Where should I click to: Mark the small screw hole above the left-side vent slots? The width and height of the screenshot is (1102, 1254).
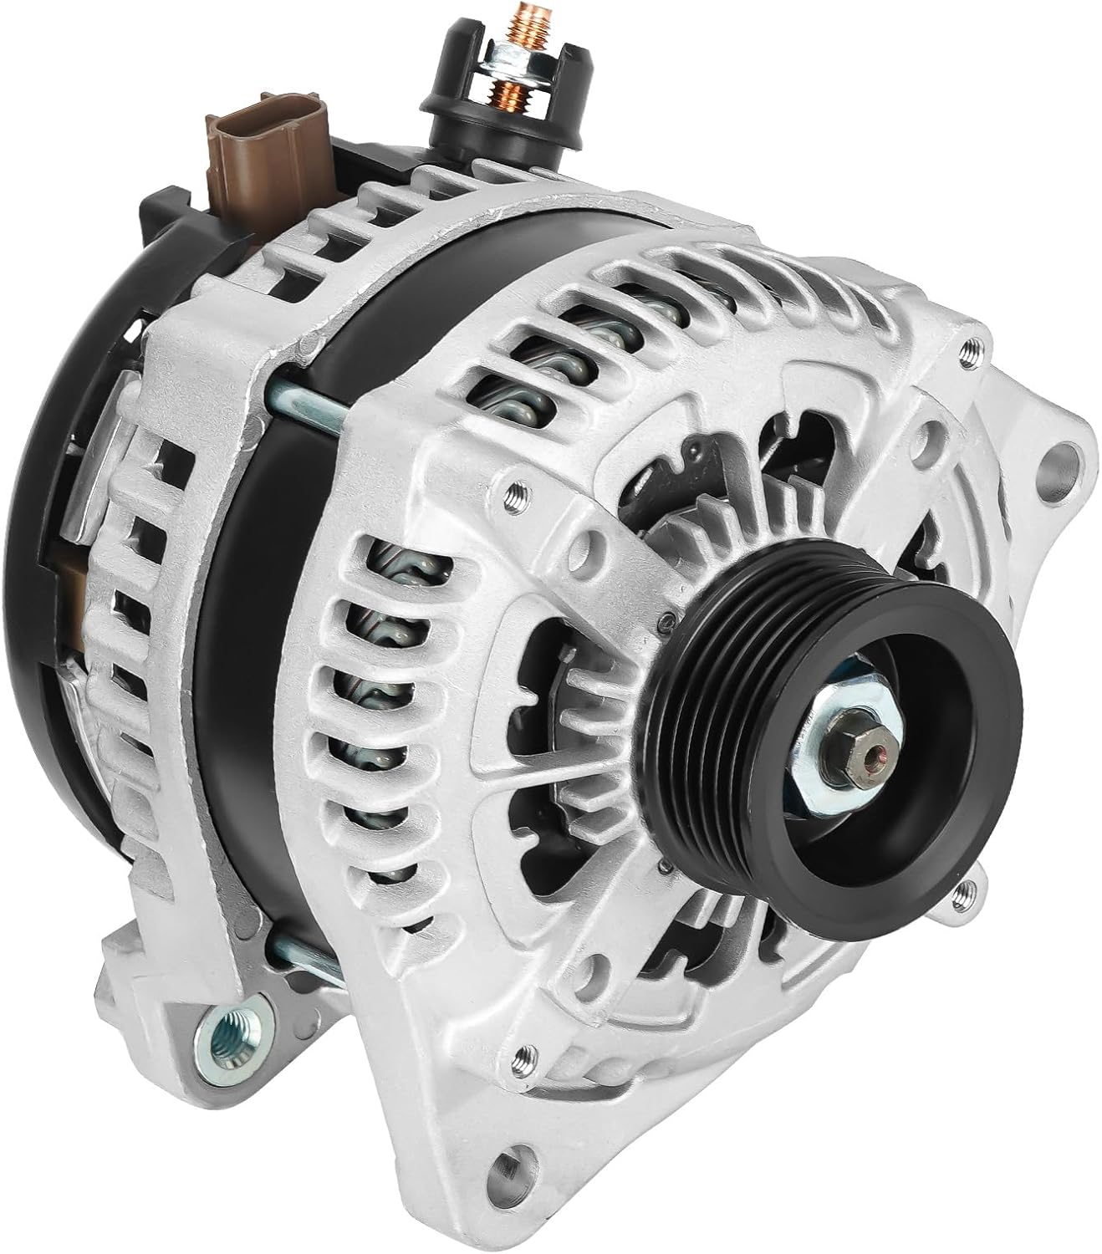(513, 492)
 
